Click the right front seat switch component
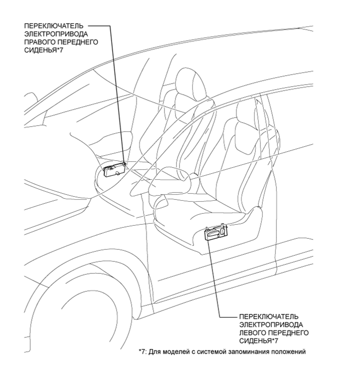click(x=113, y=169)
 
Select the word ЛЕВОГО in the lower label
click(x=253, y=332)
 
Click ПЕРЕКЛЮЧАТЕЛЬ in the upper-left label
click(x=53, y=25)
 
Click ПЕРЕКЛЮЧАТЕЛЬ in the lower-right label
click(x=269, y=317)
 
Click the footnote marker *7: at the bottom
click(x=144, y=351)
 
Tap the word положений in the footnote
click(x=287, y=351)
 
